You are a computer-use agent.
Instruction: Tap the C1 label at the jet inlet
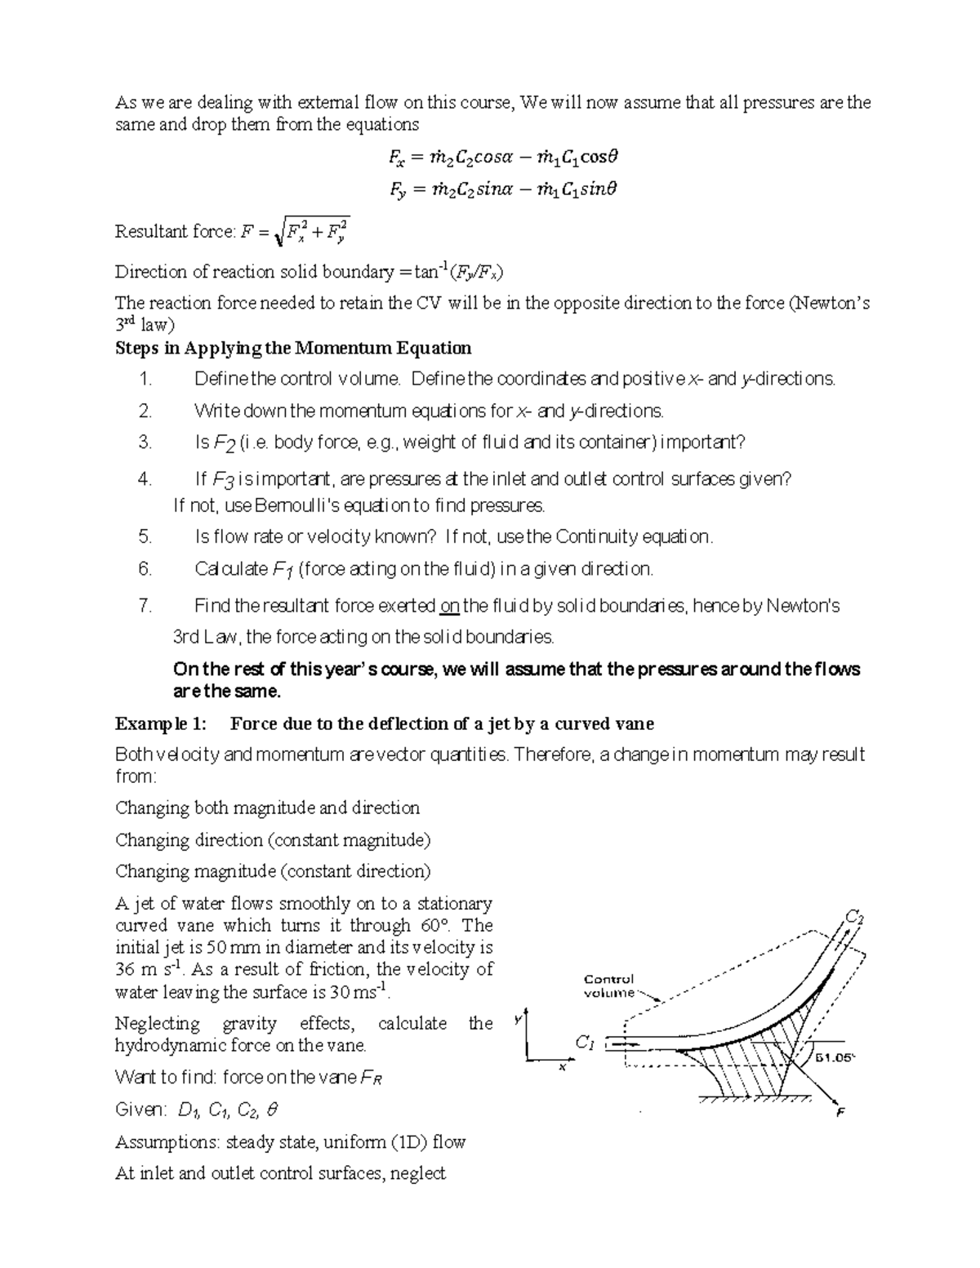pos(586,1042)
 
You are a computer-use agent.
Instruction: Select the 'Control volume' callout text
pos(609,985)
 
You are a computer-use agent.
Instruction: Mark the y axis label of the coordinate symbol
pos(517,1020)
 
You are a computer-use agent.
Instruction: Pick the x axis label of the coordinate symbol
pos(562,1067)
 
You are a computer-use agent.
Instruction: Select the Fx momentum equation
pos(503,156)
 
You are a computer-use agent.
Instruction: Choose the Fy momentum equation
pos(503,189)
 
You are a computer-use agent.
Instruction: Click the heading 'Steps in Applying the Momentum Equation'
pos(293,348)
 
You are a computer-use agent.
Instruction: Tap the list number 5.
pos(145,536)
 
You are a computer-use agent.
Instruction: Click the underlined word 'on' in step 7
pos(449,606)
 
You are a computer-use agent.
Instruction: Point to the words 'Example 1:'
pos(161,723)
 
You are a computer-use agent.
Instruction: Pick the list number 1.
pos(145,379)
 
